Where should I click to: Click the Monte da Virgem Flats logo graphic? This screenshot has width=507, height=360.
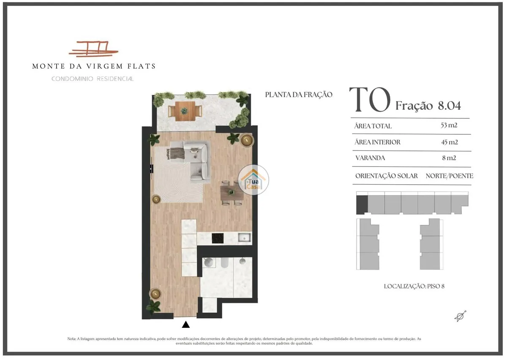click(93, 49)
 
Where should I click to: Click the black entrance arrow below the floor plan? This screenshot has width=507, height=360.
click(186, 325)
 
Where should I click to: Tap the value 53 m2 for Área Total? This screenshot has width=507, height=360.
click(449, 125)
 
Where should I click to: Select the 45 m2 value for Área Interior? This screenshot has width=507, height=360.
click(450, 142)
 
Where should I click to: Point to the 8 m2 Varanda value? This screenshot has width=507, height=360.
click(449, 158)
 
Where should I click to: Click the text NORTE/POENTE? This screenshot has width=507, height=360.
click(449, 176)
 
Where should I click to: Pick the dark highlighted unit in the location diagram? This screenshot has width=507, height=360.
click(362, 205)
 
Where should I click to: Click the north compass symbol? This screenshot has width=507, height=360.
click(461, 316)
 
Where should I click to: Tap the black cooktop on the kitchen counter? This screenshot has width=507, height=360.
click(218, 238)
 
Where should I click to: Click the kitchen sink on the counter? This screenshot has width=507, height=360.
click(244, 238)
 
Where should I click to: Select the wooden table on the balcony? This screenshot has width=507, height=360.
click(185, 111)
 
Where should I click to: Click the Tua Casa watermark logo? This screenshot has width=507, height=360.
click(253, 180)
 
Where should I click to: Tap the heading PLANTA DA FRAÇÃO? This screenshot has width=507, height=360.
click(299, 95)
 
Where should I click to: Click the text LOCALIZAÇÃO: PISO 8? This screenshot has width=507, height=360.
click(414, 286)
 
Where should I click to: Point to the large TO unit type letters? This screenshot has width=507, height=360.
click(370, 100)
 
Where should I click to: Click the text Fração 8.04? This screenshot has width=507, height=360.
click(428, 106)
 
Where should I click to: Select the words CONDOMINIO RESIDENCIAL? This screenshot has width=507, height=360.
click(93, 79)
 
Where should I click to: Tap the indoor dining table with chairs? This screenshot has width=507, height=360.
click(232, 193)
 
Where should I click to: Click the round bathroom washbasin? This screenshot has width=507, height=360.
click(208, 262)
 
